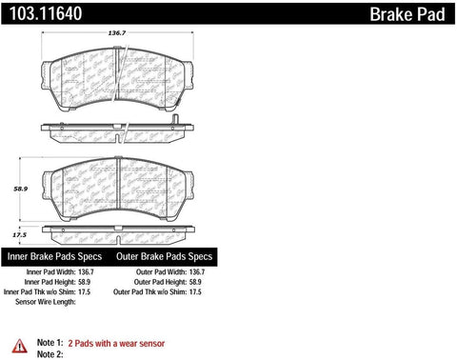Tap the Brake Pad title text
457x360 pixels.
pos(409,12)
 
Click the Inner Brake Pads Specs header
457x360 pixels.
pos(57,257)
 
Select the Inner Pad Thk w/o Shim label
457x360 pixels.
pos(48,294)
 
